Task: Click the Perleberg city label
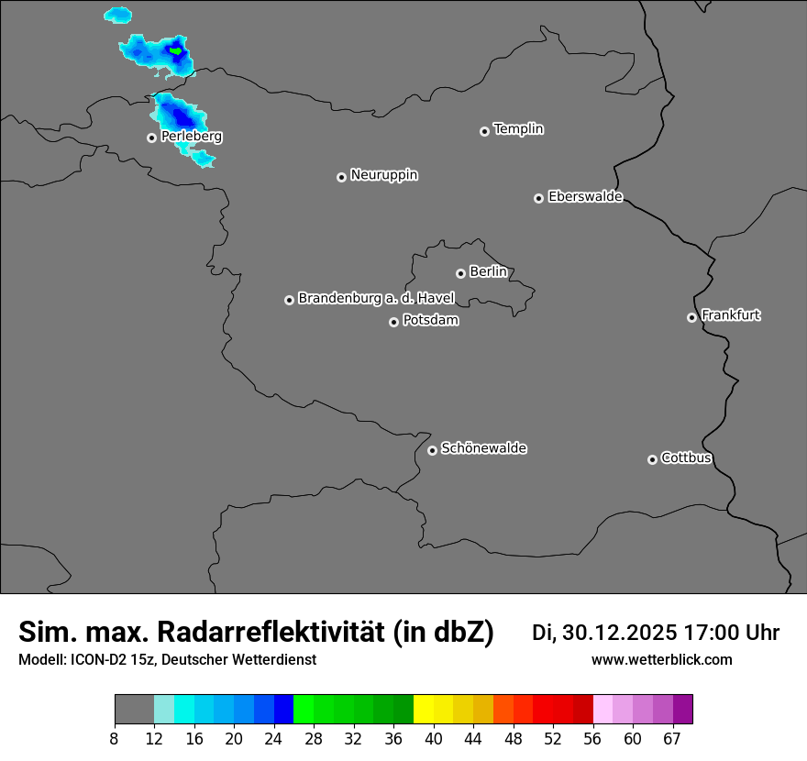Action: coord(192,137)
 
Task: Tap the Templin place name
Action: coord(519,129)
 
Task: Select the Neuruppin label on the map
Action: coord(384,175)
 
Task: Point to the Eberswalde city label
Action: coord(585,196)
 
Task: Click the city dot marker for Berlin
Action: coord(460,273)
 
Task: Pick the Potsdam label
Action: coord(431,321)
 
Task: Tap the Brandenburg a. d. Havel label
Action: coord(376,298)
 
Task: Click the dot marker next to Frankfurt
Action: coord(691,317)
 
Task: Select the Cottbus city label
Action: coord(687,458)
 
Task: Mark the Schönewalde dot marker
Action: coord(432,450)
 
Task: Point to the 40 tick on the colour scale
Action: coord(434,738)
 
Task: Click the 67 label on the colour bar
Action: coord(672,738)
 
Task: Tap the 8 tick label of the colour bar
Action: coord(115,738)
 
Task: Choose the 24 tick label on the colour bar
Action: coord(273,738)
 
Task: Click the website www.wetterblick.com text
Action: coord(662,660)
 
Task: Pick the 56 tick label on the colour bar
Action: coord(592,738)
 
